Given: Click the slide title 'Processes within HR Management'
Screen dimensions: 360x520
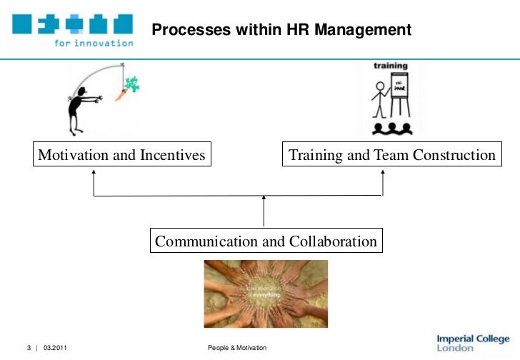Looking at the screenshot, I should click(281, 30).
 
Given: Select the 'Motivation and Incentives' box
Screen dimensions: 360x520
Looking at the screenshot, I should click(121, 155).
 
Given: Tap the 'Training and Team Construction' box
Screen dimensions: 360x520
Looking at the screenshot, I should click(391, 155).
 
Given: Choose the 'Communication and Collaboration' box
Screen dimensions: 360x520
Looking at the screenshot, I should click(266, 241).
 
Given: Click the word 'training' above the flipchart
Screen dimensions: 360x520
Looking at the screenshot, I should click(391, 66).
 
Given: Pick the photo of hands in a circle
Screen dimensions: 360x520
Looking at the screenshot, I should click(266, 294).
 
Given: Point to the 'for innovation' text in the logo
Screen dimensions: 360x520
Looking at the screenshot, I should click(94, 42).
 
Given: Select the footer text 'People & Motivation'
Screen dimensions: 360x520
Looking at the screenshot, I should click(236, 348).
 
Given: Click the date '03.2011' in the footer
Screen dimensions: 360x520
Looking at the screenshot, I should click(56, 348).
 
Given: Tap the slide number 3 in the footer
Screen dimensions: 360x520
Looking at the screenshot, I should click(29, 348).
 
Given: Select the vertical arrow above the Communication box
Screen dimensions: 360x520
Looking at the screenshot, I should click(264, 211).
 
